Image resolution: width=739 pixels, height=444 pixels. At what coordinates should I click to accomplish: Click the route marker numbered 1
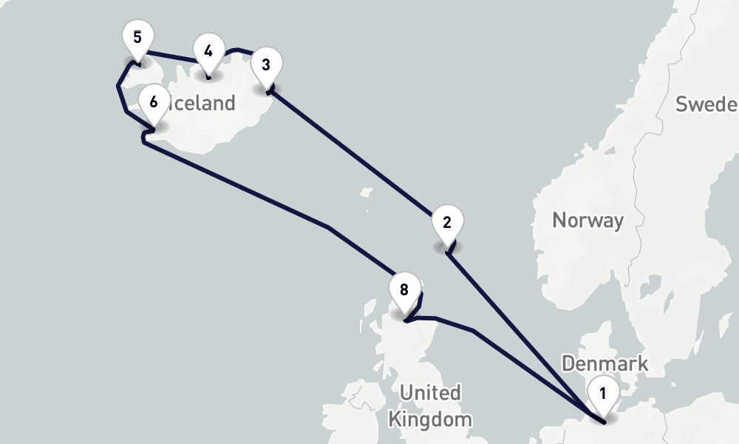tap(603, 394)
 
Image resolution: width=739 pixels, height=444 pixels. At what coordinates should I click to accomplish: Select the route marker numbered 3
tap(266, 64)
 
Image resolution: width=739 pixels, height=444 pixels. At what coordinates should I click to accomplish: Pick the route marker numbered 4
tap(208, 52)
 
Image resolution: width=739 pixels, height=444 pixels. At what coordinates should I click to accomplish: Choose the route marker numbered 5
tap(137, 38)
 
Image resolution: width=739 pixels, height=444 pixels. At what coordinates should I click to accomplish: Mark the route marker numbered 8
tap(403, 290)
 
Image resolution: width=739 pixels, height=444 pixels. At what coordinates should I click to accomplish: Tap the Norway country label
tap(588, 220)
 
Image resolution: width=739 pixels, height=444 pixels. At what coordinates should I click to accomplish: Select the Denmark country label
tap(605, 363)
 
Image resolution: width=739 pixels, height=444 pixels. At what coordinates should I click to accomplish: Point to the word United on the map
tap(429, 392)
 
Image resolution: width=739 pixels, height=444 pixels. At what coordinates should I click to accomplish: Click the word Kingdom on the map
tap(429, 420)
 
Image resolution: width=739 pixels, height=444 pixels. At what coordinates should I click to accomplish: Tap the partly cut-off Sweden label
tap(706, 104)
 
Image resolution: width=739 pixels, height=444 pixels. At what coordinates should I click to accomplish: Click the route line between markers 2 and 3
tap(355, 155)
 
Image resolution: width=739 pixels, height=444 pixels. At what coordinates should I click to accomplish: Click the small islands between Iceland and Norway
tap(366, 196)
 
